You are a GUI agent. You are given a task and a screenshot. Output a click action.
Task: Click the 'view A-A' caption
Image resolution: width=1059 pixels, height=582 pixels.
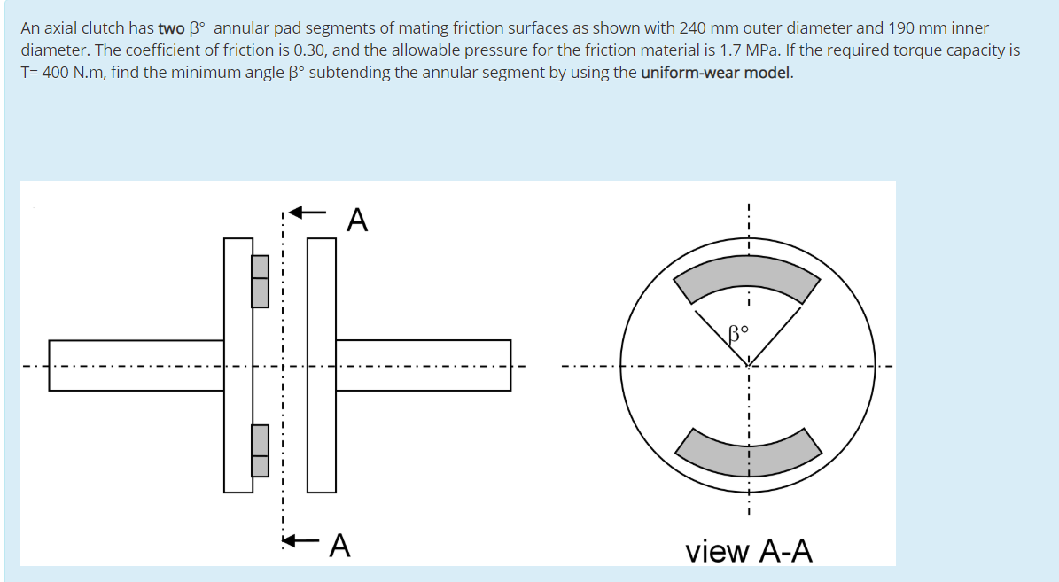point(748,551)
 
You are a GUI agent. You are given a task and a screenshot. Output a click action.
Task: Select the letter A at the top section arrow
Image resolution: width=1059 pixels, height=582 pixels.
point(356,219)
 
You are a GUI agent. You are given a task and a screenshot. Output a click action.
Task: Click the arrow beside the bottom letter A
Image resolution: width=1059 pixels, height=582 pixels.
point(302,539)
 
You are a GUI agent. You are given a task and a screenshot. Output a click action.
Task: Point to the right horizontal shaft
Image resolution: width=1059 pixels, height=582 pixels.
point(423,365)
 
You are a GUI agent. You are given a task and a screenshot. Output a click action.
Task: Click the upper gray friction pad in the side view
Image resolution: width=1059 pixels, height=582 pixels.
point(260,281)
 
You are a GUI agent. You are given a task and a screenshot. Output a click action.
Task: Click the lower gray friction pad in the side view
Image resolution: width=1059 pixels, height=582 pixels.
point(260,450)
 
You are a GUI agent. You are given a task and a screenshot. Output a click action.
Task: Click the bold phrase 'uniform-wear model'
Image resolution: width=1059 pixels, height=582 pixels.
point(715,73)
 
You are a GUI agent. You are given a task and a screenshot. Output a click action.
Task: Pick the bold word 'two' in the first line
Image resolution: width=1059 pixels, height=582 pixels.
point(171,28)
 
